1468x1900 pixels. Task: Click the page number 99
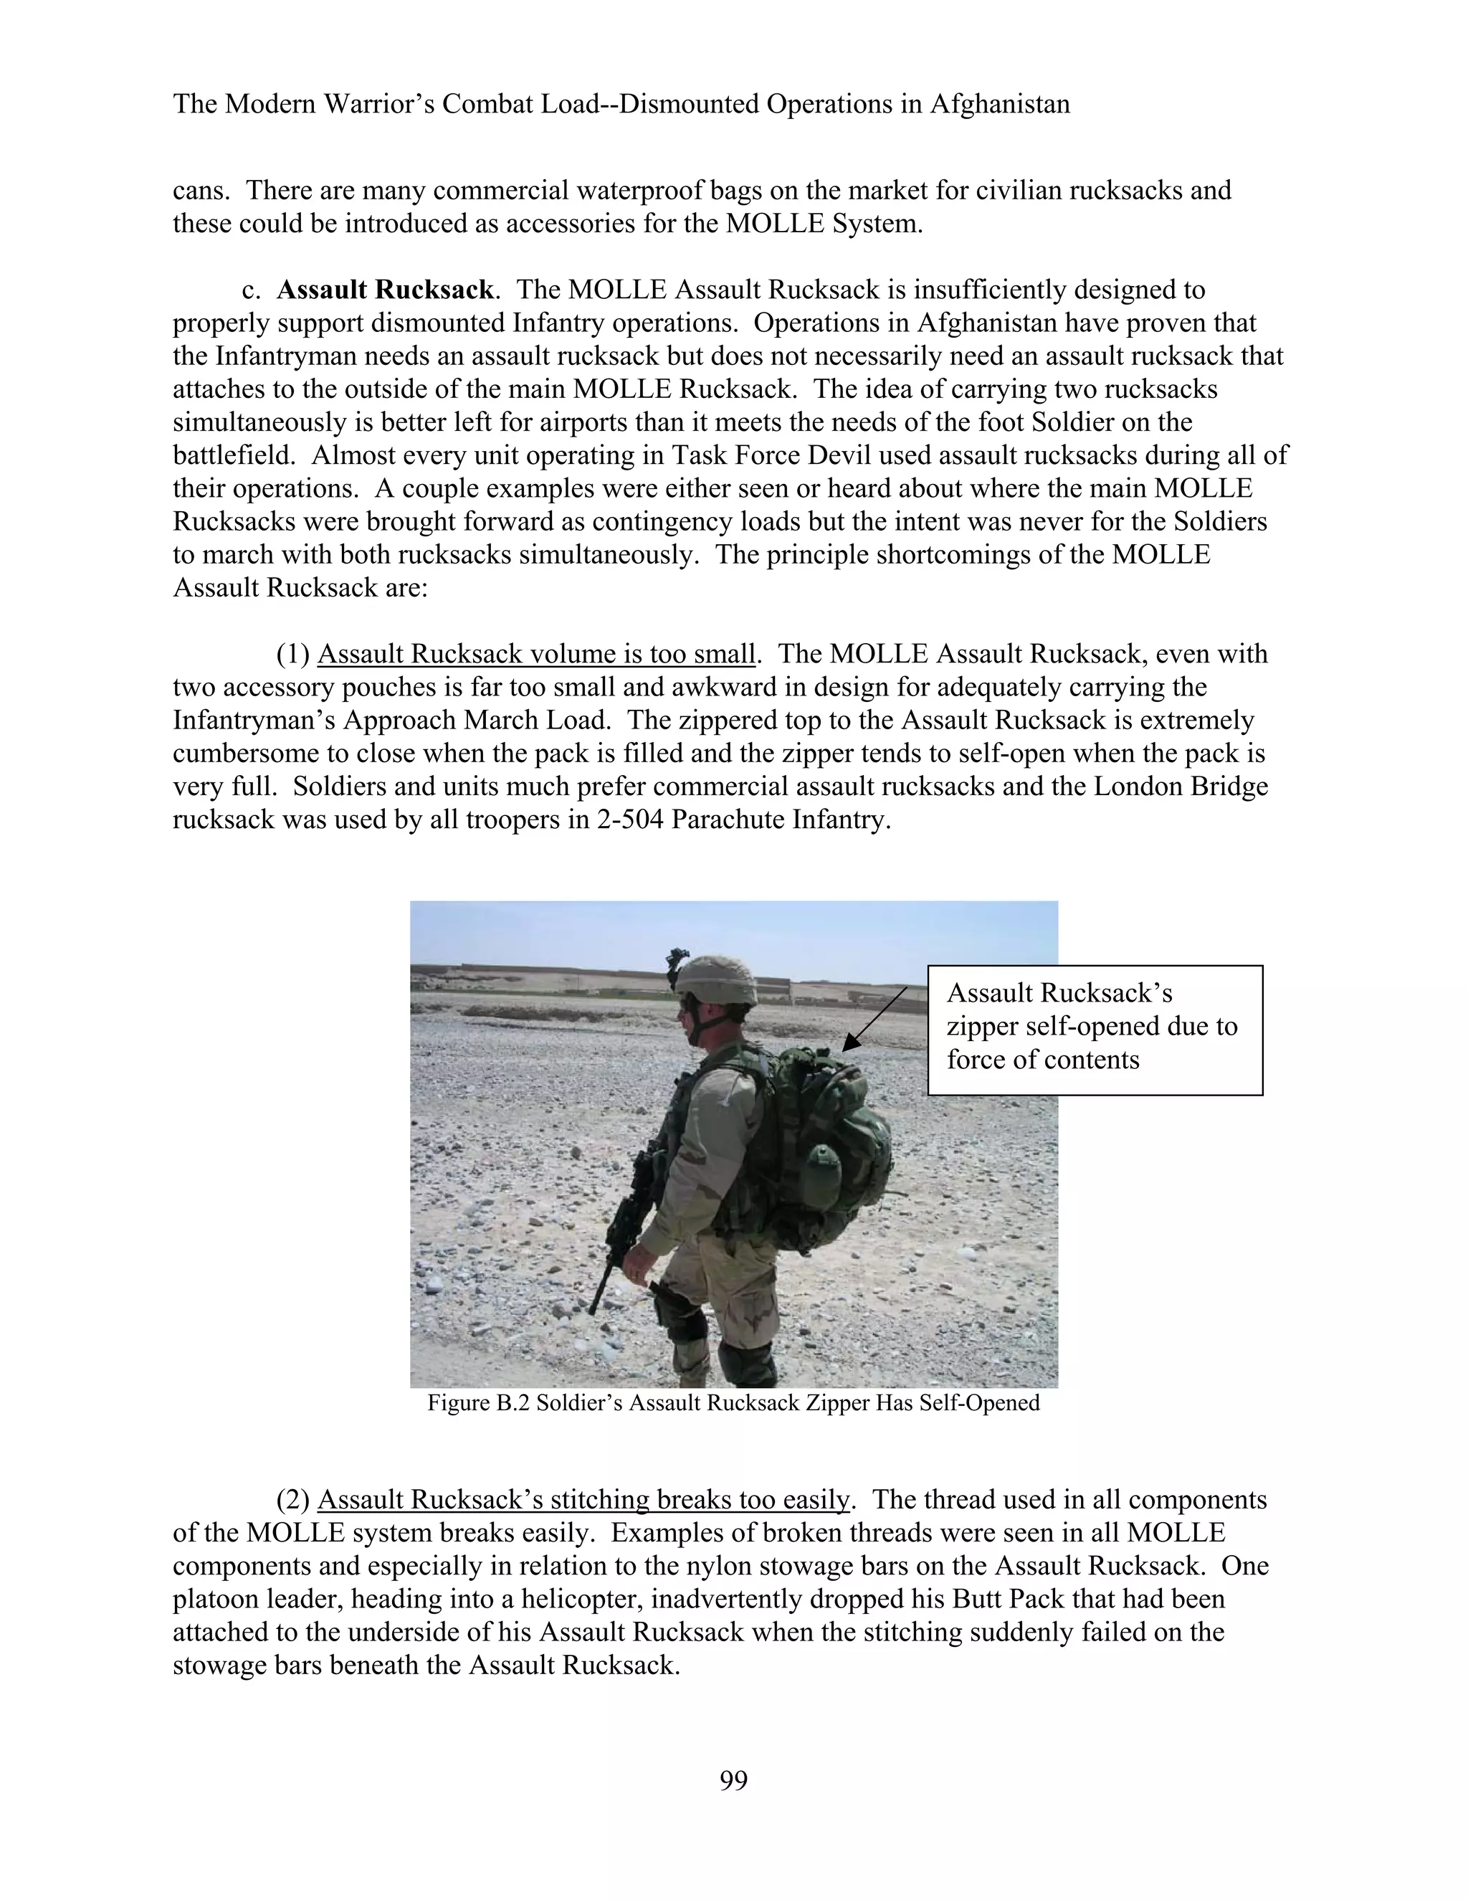[733, 1781]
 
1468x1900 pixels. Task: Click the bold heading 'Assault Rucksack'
[384, 290]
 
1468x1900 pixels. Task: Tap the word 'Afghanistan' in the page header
[999, 105]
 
